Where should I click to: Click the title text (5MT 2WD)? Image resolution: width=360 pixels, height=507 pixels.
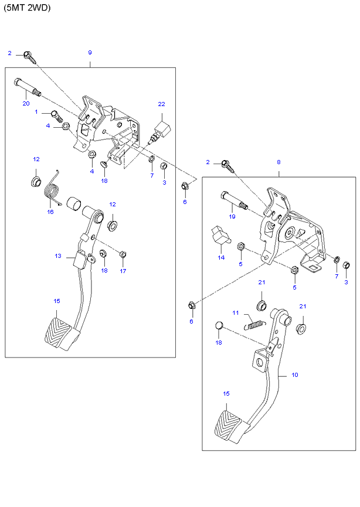[x=28, y=8]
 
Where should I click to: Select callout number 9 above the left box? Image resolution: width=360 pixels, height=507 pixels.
[x=90, y=53]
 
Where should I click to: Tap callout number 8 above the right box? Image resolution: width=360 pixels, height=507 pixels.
[x=279, y=162]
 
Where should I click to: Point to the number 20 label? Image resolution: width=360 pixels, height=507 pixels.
[x=26, y=104]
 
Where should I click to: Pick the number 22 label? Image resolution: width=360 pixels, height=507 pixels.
[x=161, y=104]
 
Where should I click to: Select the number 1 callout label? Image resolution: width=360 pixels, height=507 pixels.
[x=36, y=111]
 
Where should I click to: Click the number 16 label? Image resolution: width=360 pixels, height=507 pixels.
[x=50, y=212]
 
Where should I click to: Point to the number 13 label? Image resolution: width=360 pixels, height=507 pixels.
[x=58, y=256]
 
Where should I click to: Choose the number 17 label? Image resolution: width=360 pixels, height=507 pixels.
[x=123, y=271]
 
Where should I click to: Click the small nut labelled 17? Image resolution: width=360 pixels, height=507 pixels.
[x=123, y=254]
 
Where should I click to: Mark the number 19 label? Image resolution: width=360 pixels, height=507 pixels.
[x=232, y=216]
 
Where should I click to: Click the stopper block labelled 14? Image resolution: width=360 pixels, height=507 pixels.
[x=220, y=236]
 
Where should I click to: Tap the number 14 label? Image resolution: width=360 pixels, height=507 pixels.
[x=221, y=257]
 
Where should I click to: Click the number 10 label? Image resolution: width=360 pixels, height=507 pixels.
[x=294, y=375]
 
